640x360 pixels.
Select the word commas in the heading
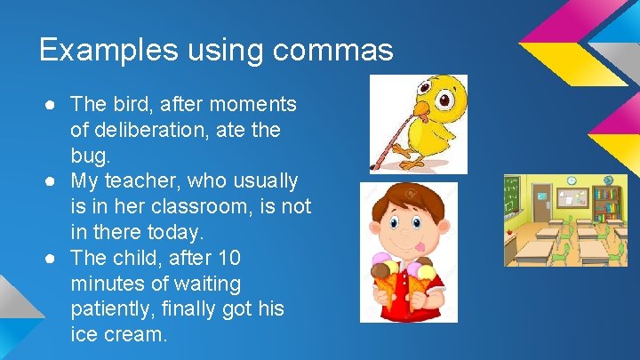point(333,50)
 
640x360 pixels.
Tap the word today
point(177,233)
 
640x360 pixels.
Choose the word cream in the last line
point(133,335)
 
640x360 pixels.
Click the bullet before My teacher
point(53,181)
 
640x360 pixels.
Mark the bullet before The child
point(53,259)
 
